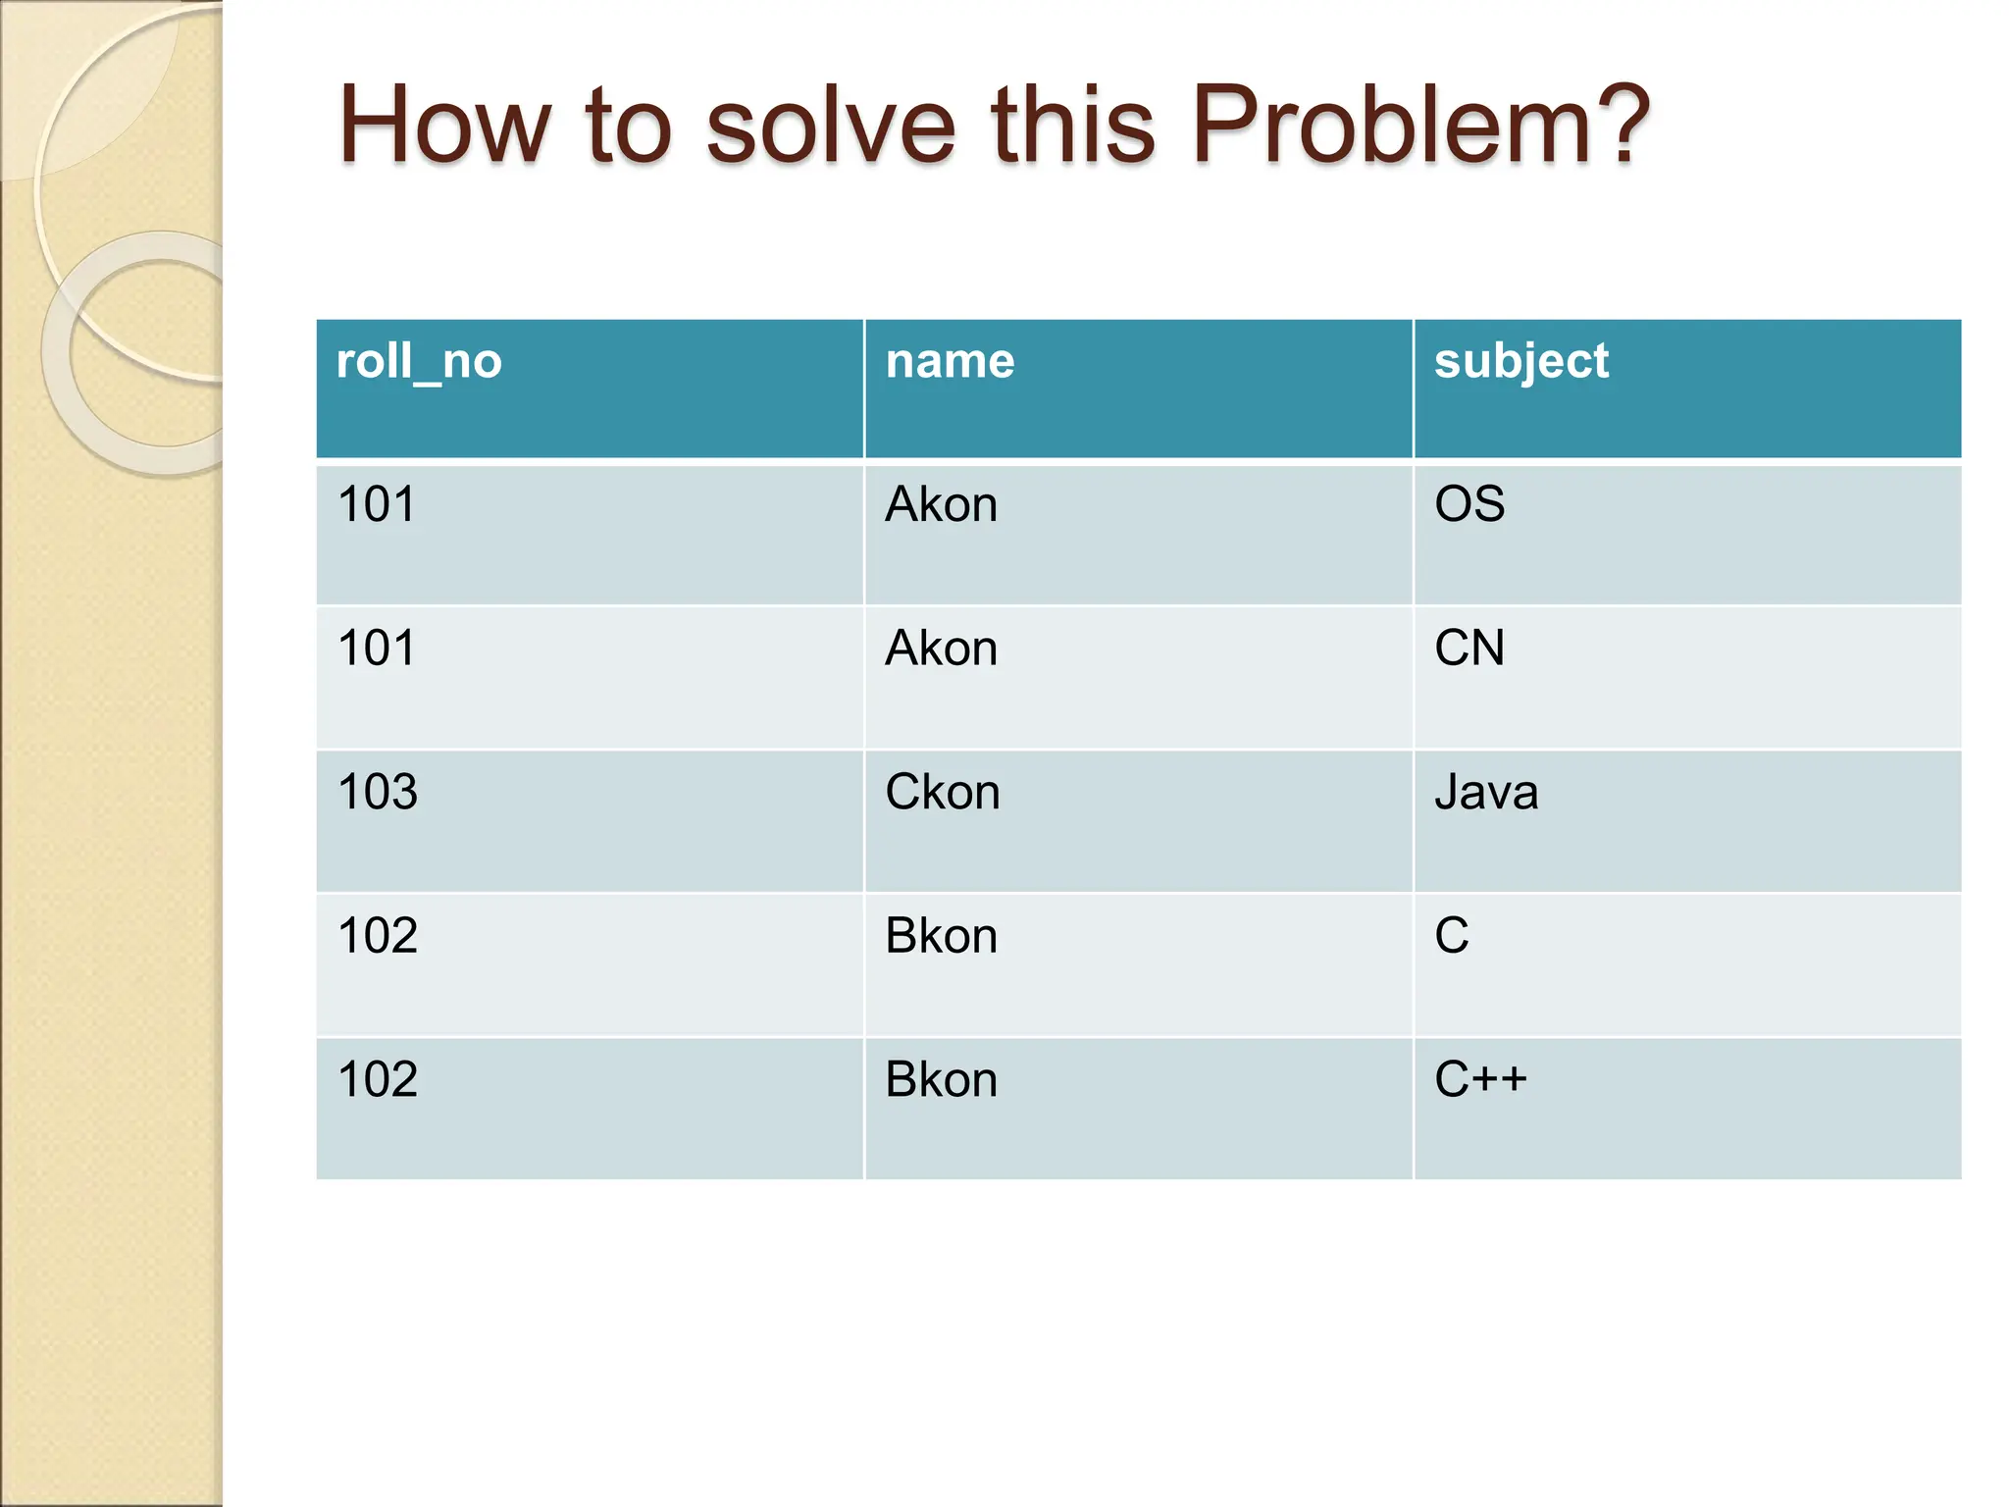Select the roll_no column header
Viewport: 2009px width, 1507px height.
click(x=419, y=362)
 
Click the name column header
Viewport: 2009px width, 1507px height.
click(x=950, y=362)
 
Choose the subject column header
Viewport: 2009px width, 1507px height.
click(x=1520, y=362)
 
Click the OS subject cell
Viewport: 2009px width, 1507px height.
click(x=1469, y=504)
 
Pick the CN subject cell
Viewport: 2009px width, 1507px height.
click(x=1469, y=649)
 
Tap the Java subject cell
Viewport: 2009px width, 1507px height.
click(x=1486, y=793)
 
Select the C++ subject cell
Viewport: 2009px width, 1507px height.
click(x=1480, y=1079)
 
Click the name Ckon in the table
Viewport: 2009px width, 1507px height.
click(x=942, y=793)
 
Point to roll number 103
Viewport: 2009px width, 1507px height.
click(x=378, y=793)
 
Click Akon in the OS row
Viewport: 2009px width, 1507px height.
click(x=941, y=505)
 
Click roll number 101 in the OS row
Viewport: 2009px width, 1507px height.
click(x=377, y=505)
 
